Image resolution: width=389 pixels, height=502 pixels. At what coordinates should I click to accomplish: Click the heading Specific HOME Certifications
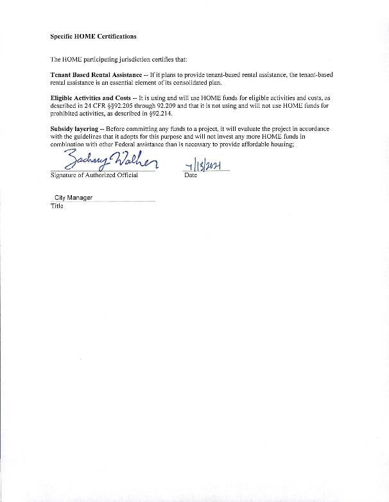point(93,36)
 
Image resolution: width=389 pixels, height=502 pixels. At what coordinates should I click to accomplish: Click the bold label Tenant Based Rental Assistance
point(96,75)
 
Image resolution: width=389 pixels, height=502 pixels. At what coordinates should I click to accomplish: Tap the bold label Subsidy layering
point(74,129)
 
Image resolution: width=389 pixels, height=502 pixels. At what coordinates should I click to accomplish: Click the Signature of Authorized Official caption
point(94,175)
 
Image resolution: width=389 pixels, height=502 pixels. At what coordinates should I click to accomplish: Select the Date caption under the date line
point(190,175)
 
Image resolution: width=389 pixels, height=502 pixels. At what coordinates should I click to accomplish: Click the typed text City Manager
point(73,198)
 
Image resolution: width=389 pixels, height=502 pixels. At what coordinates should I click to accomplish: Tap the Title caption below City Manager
point(56,207)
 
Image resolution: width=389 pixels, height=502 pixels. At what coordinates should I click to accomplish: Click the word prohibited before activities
point(64,114)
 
